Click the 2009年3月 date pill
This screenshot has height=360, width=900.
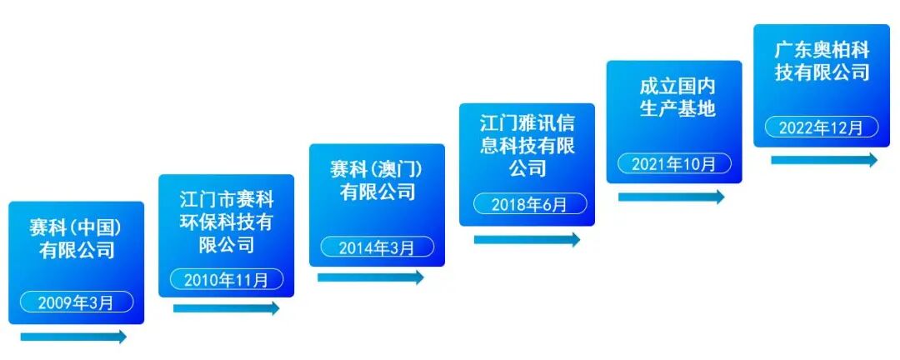coord(76,302)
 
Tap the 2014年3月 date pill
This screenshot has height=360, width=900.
coord(377,247)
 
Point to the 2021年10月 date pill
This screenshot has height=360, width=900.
coord(674,163)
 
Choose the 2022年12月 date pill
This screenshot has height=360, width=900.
coord(822,127)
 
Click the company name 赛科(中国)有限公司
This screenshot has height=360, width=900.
coord(77,238)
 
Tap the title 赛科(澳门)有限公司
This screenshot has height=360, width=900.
coord(377,181)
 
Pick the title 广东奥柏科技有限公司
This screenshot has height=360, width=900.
coord(822,61)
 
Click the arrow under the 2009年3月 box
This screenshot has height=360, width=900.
coord(73,337)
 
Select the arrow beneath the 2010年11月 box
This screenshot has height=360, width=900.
coord(226,308)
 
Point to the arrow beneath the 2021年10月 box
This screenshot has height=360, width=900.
coord(672,197)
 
